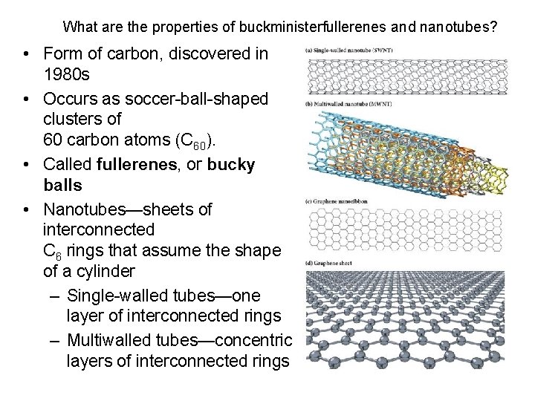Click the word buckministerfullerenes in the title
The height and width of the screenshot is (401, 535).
click(x=313, y=27)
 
